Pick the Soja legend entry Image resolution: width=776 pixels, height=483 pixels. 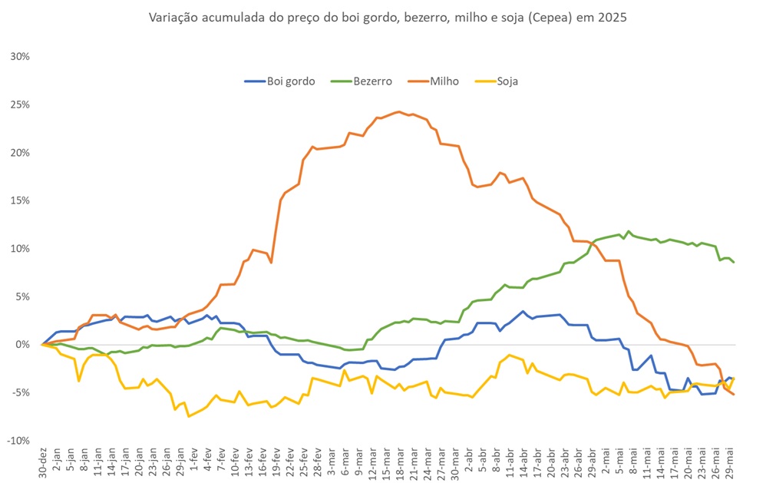tap(507, 81)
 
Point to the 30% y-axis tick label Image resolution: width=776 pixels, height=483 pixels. tap(19, 57)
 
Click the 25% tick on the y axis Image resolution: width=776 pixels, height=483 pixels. tap(19, 104)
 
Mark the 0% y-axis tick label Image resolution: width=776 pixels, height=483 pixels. tap(21, 345)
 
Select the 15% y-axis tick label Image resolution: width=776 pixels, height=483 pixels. tap(19, 200)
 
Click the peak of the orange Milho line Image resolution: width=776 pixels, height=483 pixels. tap(398, 111)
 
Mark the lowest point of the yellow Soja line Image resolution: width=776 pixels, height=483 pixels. tap(189, 416)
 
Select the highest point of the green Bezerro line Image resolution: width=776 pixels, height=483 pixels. tap(629, 230)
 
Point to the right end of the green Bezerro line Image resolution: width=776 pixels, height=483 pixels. tap(734, 263)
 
